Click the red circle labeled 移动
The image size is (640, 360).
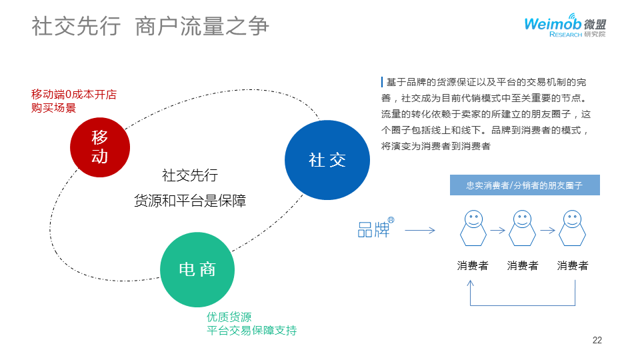tap(99, 147)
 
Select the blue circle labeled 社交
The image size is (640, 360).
tap(327, 160)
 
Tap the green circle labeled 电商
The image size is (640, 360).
tap(198, 269)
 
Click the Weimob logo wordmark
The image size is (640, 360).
tap(553, 23)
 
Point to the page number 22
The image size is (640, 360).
tap(597, 341)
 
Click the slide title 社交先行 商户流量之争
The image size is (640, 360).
tap(151, 26)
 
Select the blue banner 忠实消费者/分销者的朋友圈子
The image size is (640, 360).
tap(524, 185)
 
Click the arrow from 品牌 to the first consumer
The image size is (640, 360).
tap(420, 231)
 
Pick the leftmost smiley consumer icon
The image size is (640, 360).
tap(473, 228)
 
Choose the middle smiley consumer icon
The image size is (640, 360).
tap(523, 228)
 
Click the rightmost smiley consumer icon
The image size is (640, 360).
tap(572, 228)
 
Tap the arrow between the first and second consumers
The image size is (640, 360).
tap(497, 230)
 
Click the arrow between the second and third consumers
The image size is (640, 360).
tap(547, 230)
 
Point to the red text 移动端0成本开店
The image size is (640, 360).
tap(69, 95)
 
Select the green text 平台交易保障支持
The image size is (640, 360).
tap(251, 331)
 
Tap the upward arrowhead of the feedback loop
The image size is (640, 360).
tap(471, 282)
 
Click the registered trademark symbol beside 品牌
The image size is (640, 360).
tap(391, 219)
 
